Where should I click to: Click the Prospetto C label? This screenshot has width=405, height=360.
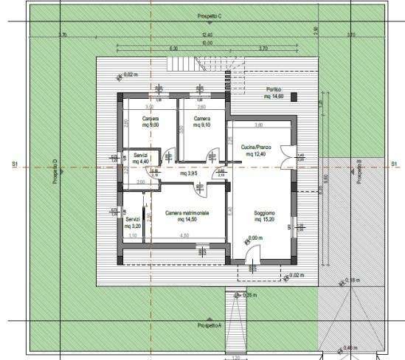coord(210,15)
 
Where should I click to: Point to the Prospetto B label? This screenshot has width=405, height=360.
coord(359,171)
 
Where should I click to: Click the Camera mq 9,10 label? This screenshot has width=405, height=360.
coord(201,122)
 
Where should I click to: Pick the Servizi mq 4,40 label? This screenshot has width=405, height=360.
coord(140,159)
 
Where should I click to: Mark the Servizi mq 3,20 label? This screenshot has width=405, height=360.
coord(133,223)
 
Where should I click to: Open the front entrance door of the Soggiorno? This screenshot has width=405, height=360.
coord(252,254)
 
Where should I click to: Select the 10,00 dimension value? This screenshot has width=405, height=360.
coord(207,42)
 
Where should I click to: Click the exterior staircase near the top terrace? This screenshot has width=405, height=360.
coord(181,63)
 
